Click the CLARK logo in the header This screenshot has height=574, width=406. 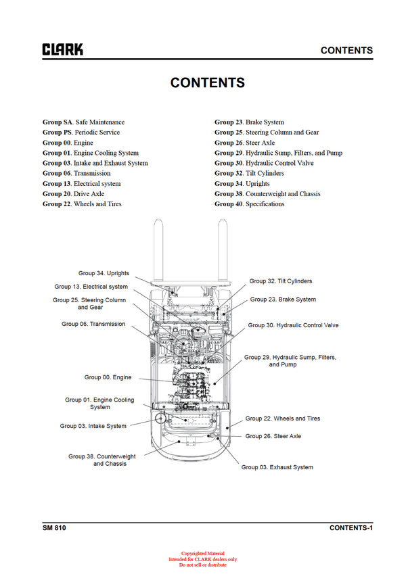[63, 49]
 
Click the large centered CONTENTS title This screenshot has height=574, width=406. [208, 83]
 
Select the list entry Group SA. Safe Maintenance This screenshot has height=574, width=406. [83, 122]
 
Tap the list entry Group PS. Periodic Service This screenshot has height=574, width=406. [81, 133]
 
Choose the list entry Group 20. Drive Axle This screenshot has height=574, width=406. [73, 194]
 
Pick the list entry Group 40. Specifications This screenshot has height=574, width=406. [249, 204]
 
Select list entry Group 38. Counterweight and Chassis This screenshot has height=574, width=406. [267, 194]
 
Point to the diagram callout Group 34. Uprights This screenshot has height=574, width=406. [104, 273]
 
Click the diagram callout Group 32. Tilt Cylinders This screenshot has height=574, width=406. [280, 281]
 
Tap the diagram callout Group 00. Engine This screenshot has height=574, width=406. [108, 377]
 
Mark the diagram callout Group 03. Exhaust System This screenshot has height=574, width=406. [277, 467]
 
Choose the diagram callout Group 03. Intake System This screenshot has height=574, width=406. [93, 426]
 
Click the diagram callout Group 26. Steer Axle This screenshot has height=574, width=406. [273, 436]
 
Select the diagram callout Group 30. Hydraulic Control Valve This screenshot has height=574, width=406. [293, 325]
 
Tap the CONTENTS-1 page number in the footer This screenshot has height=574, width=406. [351, 527]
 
